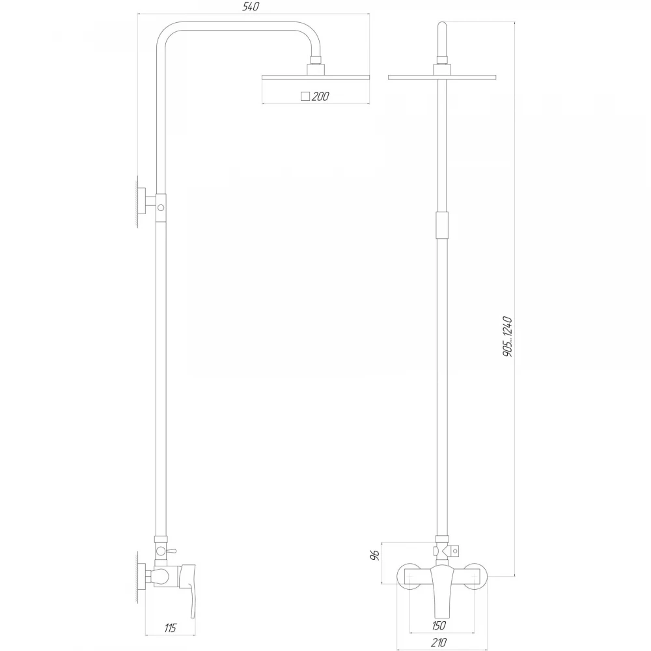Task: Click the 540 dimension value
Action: point(251,7)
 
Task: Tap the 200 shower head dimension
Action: point(320,96)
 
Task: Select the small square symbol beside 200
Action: point(305,96)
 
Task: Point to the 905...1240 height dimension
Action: point(507,337)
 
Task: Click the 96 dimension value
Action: point(374,555)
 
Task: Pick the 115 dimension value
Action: point(170,628)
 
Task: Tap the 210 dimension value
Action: point(438,643)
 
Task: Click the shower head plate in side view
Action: point(316,77)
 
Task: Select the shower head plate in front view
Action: point(442,77)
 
